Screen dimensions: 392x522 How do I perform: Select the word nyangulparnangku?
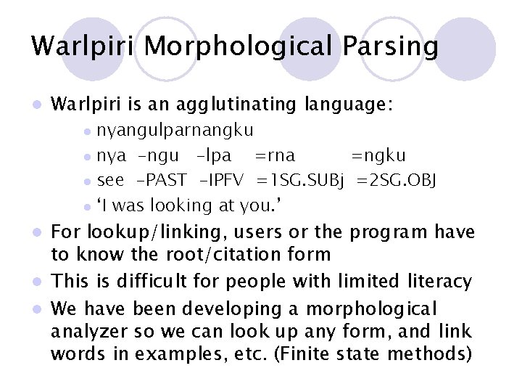pos(175,131)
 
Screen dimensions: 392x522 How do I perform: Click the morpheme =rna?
pos(275,156)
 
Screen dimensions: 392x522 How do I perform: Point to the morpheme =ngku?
pos(378,156)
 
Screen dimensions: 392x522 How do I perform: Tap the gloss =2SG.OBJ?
pos(396,181)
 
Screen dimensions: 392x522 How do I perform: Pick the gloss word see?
pos(110,181)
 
